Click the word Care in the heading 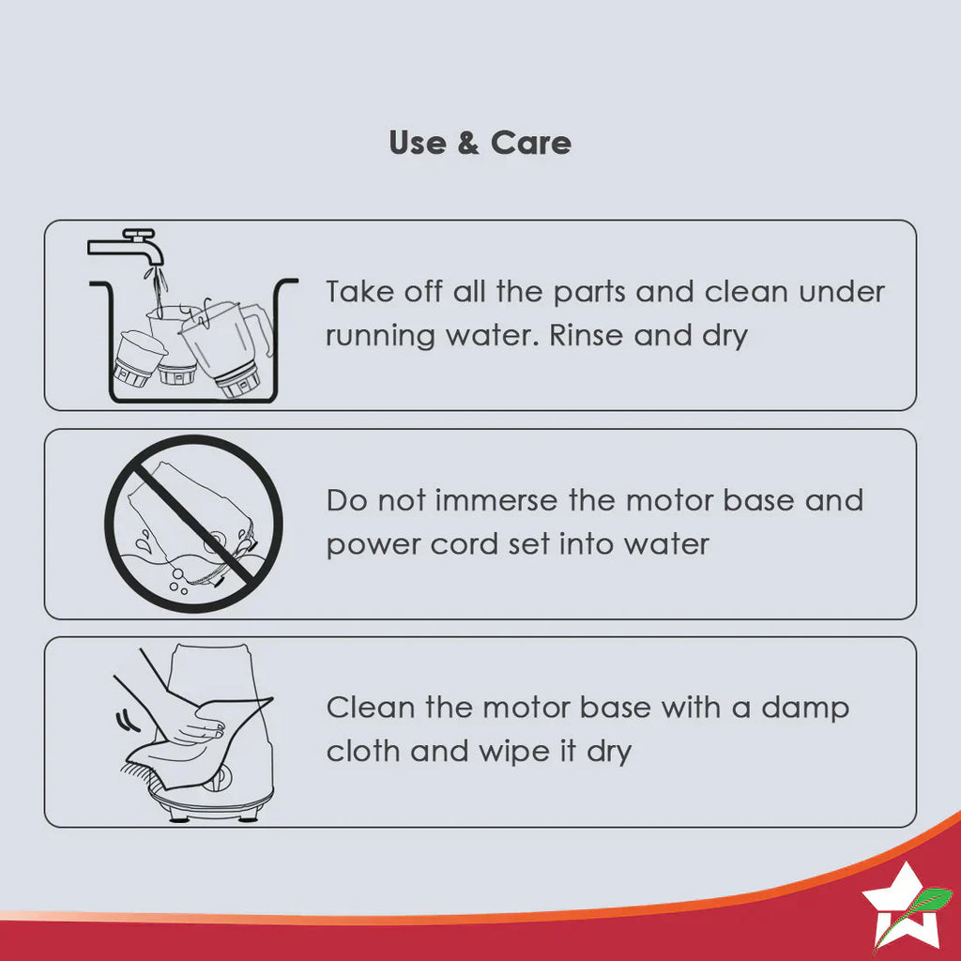click(x=531, y=143)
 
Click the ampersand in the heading click(x=467, y=143)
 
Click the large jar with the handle click(x=227, y=346)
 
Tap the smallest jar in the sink click(x=139, y=359)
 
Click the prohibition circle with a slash click(x=193, y=524)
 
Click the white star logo click(x=900, y=908)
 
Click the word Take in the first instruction click(x=359, y=291)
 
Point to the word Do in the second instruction click(x=345, y=500)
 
